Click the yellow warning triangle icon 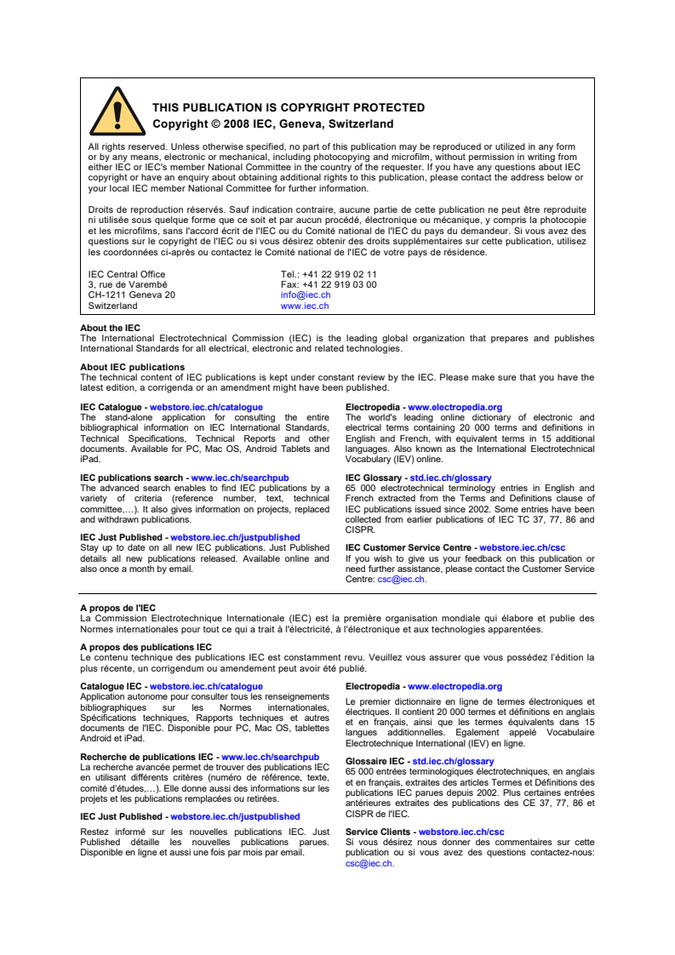117,112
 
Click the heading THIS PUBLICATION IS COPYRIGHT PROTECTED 288,108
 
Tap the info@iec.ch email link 306,295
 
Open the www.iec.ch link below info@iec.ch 305,306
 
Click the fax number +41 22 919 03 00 340,285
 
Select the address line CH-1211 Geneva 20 132,295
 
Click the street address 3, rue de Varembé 128,285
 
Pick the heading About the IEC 111,329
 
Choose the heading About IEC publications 132,368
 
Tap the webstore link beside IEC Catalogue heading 206,408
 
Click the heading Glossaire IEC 375,762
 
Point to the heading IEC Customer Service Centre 408,548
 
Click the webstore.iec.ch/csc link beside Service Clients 461,832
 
